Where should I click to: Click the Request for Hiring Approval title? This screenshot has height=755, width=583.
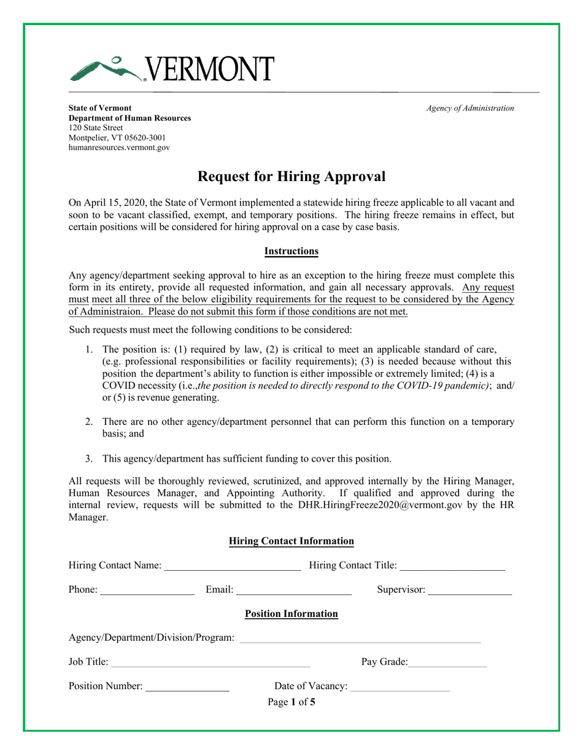coord(291,177)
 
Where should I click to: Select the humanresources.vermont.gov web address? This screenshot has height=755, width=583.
coord(119,147)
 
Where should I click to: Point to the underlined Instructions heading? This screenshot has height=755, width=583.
coord(291,251)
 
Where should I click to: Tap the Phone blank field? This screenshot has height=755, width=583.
coord(147,590)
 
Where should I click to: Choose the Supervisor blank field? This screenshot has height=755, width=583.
coord(469,590)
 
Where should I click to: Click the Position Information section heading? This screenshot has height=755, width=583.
coord(291,614)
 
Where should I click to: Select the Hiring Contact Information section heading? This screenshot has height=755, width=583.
coord(291,541)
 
